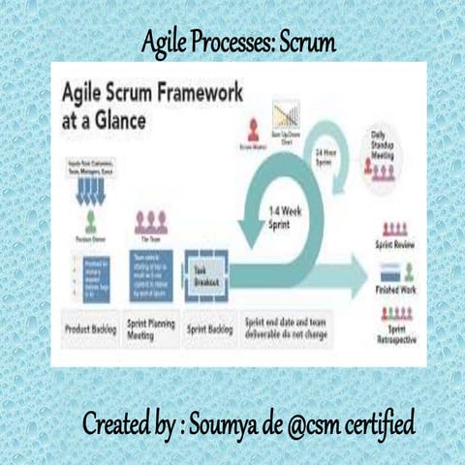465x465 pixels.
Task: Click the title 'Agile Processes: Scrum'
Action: click(x=238, y=44)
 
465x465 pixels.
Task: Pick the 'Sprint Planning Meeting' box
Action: click(x=151, y=329)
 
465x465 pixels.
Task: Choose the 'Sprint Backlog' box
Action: click(x=209, y=328)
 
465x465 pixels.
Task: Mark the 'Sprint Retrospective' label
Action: click(x=394, y=333)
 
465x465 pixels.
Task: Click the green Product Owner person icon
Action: click(x=91, y=219)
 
